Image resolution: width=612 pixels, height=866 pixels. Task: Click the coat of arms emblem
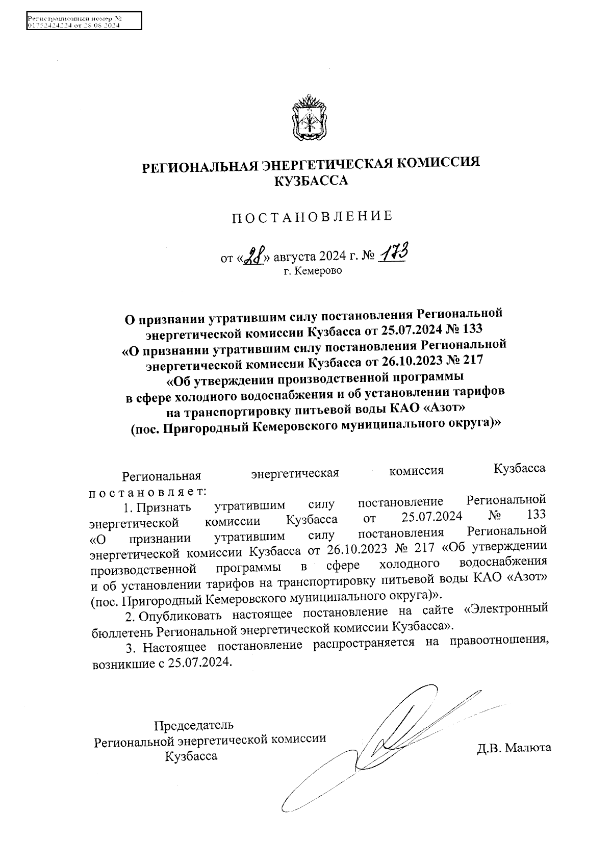click(x=309, y=118)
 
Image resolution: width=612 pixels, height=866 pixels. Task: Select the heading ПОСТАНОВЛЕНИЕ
click(x=313, y=216)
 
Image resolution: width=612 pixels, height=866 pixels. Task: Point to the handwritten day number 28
click(x=253, y=256)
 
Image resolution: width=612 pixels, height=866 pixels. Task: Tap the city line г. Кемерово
click(x=313, y=270)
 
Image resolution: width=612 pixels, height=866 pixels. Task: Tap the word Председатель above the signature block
click(x=194, y=725)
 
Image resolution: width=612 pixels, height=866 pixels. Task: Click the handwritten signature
click(x=388, y=740)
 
